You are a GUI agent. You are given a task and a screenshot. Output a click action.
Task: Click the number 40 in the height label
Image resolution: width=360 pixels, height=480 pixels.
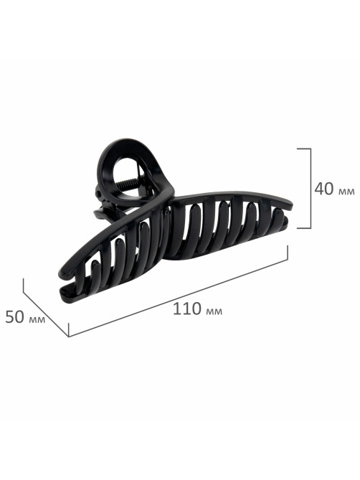324,189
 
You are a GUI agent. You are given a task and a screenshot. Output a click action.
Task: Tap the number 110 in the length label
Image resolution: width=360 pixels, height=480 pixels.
186,309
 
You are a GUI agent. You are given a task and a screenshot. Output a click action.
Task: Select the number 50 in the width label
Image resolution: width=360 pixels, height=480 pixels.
14,317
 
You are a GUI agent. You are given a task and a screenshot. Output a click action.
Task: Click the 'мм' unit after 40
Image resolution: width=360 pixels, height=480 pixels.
346,192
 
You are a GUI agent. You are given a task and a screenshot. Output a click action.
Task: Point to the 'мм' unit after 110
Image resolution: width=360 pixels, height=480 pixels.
214,311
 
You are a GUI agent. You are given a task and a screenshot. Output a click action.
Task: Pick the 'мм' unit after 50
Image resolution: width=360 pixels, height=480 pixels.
37,320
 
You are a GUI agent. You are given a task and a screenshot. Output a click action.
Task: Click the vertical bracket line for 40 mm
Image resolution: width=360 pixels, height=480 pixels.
311,188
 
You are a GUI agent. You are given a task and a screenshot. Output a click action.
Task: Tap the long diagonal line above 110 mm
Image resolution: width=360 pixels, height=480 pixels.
178,291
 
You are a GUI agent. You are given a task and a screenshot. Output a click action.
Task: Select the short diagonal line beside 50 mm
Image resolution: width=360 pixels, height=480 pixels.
46,307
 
